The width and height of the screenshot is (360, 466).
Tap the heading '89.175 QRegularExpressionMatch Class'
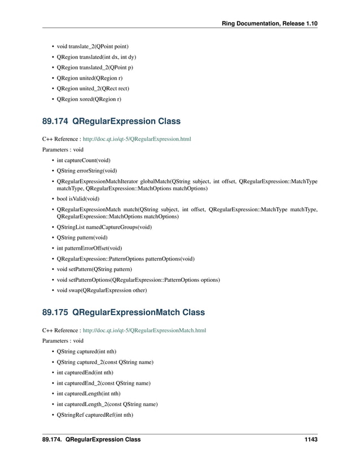123,312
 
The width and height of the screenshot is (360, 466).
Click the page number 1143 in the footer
309,439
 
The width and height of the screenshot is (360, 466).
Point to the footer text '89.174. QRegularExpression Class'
91,439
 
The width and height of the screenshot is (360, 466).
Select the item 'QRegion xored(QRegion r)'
89,99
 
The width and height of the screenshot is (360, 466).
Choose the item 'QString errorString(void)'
87,171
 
